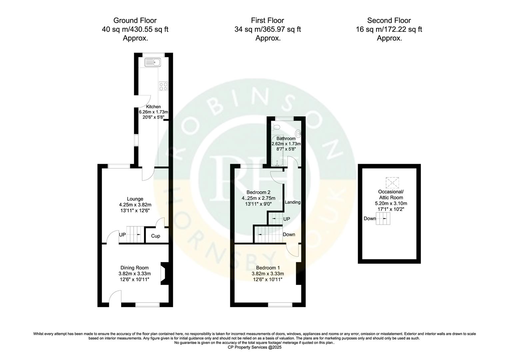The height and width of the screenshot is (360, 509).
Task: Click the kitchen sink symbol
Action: click(153, 62)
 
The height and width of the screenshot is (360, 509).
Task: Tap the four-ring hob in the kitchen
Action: click(163, 86)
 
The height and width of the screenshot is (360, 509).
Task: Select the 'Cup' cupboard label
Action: click(156, 236)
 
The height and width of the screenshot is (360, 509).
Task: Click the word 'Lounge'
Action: click(135, 199)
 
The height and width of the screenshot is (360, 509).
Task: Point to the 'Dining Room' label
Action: click(135, 268)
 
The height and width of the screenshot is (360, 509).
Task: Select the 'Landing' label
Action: click(292, 202)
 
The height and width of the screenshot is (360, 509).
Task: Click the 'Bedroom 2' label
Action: click(258, 192)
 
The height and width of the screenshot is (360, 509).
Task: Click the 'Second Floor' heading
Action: click(389, 21)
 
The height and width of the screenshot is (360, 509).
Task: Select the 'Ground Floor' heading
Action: click(135, 21)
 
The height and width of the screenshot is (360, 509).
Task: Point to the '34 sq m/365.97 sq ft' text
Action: click(267, 29)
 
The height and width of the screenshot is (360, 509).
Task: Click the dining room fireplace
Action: click(164, 274)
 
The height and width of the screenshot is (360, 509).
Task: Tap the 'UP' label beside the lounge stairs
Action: click(123, 235)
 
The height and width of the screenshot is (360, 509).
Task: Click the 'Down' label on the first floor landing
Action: click(289, 234)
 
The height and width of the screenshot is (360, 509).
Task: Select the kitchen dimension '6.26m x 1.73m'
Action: click(153, 112)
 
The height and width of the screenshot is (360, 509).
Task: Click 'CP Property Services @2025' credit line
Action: click(254, 347)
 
